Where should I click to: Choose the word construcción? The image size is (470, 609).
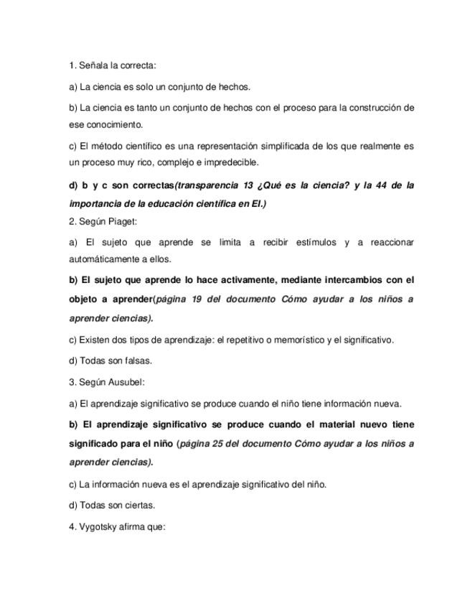click(x=372, y=108)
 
